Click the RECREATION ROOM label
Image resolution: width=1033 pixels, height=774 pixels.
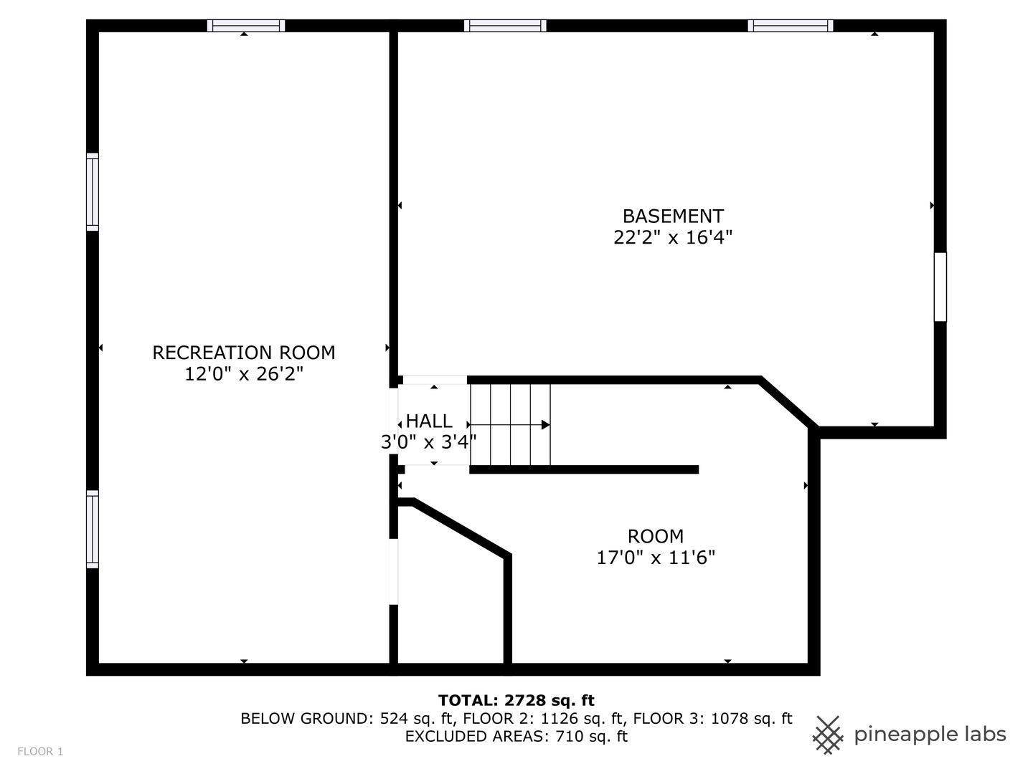[x=243, y=353]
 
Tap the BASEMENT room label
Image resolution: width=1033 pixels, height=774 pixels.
[x=673, y=216]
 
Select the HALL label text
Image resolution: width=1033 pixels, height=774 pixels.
[x=429, y=421]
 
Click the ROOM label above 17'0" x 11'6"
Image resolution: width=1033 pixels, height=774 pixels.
[x=656, y=536]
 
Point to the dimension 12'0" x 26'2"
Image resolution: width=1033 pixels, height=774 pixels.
[x=244, y=374]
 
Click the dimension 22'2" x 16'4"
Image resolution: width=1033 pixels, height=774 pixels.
[x=673, y=237]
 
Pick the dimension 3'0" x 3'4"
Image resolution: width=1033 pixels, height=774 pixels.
[x=428, y=442]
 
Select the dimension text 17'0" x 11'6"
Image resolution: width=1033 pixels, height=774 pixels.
[x=656, y=558]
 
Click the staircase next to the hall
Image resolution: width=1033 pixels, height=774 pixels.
[x=510, y=424]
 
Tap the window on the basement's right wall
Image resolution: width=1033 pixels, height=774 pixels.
[x=940, y=287]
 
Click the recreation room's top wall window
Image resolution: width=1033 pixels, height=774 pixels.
[x=246, y=26]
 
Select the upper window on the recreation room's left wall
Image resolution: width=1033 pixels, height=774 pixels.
[x=93, y=192]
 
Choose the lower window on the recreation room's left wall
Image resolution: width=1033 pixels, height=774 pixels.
[x=93, y=529]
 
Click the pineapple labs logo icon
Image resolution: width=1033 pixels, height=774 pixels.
[x=828, y=735]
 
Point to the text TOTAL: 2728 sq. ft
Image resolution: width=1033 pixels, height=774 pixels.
[x=516, y=700]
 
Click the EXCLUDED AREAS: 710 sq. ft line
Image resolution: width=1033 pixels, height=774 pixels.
[x=516, y=736]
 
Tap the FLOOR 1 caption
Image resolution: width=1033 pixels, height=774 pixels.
[x=40, y=752]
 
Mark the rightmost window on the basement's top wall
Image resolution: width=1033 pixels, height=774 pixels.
[x=791, y=26]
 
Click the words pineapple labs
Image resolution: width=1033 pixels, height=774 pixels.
[x=930, y=735]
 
